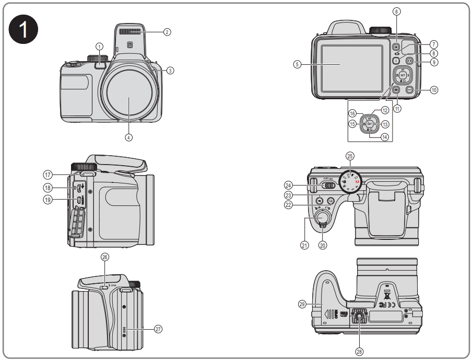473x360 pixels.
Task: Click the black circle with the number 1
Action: [25, 30]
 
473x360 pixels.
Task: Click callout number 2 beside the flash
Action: [167, 32]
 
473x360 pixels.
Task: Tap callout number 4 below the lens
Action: [128, 137]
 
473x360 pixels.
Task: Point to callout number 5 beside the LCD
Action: [297, 65]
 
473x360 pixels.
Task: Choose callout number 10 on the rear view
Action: [434, 90]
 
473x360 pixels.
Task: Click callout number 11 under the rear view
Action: [397, 109]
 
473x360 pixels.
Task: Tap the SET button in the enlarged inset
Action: [369, 124]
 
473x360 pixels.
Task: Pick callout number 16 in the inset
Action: [353, 113]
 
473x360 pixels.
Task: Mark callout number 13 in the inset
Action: [385, 124]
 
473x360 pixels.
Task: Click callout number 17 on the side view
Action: [47, 175]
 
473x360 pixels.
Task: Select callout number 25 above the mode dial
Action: [350, 156]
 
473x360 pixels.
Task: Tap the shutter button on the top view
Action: [322, 216]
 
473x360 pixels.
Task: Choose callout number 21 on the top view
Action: [304, 245]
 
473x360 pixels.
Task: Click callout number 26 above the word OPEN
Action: [105, 257]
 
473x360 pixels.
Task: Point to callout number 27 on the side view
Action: [158, 329]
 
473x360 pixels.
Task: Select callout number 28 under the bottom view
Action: [359, 352]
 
